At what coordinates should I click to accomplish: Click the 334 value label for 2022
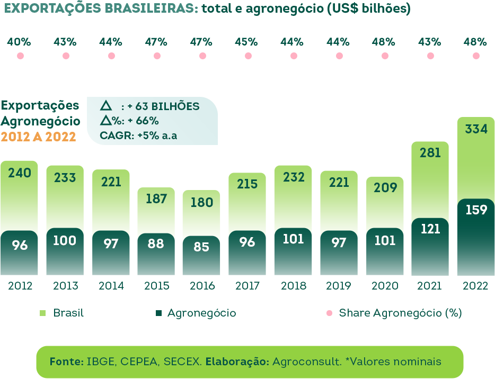coord(475,129)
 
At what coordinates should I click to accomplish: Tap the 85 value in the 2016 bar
coord(201,247)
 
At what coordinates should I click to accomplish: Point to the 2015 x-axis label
coord(157,286)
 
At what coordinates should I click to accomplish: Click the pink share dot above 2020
coord(385,56)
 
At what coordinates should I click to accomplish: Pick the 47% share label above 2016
coord(201,42)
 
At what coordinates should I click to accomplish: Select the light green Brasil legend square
coord(43,313)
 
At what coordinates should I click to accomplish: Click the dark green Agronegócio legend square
coord(158,313)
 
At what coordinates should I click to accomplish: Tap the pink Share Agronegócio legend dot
coord(330,313)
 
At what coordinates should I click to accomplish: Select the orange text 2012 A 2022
coord(38,137)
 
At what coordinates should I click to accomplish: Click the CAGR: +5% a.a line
coord(138,136)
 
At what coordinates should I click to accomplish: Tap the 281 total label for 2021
coord(430,153)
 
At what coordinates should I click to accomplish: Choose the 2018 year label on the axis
coord(294,286)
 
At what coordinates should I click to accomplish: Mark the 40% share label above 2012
coord(20,42)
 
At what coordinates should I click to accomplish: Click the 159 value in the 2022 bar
coord(475,210)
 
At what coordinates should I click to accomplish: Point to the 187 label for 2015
coord(156,199)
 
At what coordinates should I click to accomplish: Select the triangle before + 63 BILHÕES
coord(106,106)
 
